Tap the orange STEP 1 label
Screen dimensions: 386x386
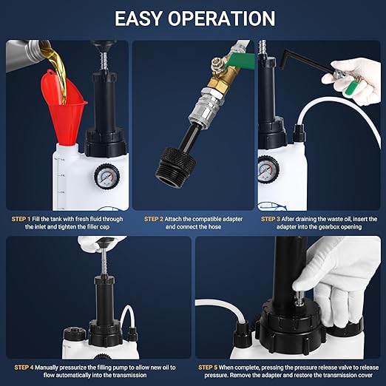pos(21,219)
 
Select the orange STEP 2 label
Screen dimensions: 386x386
pos(154,219)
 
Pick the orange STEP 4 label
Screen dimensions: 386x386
pos(24,367)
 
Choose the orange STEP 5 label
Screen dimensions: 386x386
pos(210,367)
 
